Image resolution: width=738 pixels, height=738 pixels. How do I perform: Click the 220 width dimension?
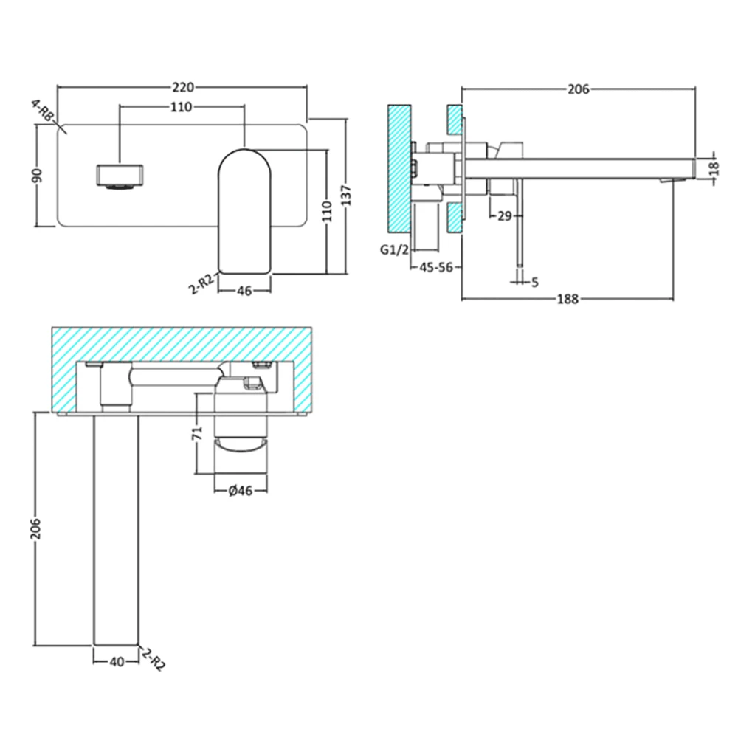coord(182,86)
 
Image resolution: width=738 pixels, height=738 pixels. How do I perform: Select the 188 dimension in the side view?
coord(568,299)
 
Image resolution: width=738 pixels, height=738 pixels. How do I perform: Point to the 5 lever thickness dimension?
coord(534,281)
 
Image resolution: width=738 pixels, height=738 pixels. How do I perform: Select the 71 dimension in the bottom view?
coord(196,434)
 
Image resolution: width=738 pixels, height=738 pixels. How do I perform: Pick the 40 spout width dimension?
coord(116,662)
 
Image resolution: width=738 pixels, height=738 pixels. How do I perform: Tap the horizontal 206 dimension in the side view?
coord(578,89)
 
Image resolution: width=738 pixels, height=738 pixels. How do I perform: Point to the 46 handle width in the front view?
coord(245,291)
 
